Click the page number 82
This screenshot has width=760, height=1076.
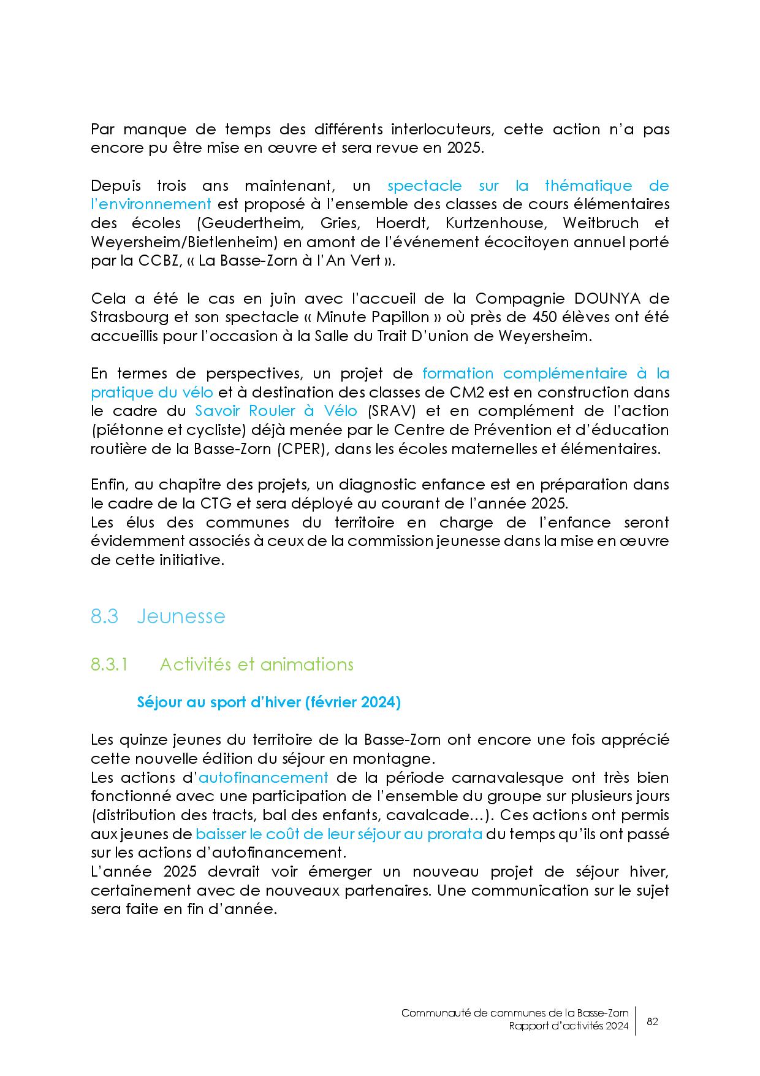(652, 1021)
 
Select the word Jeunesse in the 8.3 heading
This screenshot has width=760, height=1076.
(181, 616)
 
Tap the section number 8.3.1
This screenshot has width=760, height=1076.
(108, 664)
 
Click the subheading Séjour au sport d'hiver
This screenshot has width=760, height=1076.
(268, 702)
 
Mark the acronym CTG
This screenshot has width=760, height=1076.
(215, 504)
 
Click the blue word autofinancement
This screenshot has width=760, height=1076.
(264, 778)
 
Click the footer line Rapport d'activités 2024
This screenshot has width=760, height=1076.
(568, 1028)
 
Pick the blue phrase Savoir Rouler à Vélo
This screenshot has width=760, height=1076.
(276, 410)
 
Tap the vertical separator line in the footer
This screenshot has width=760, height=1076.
(636, 1021)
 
